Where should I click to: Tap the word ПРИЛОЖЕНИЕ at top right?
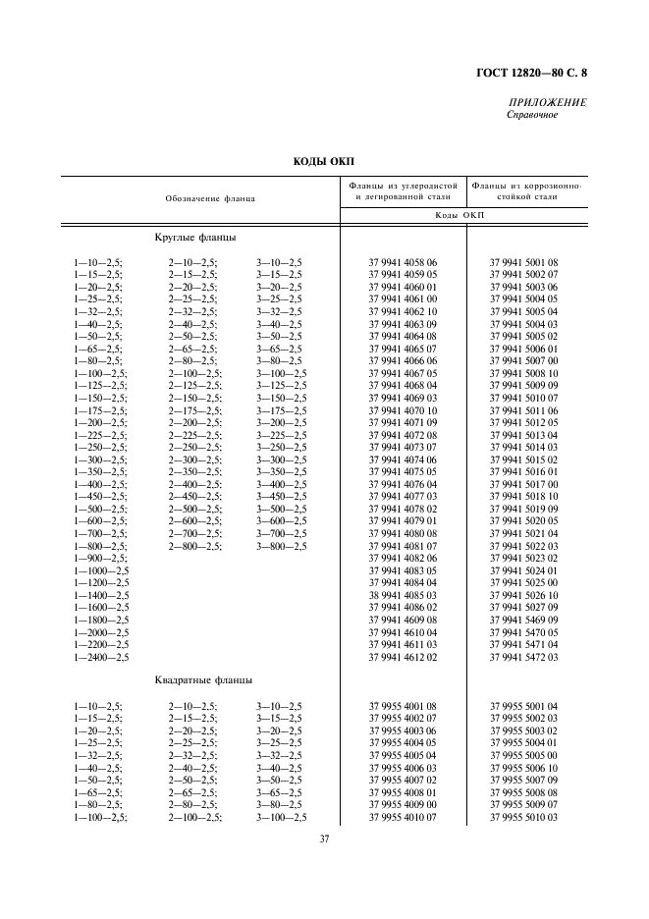tap(547, 103)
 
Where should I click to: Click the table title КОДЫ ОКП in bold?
tap(324, 160)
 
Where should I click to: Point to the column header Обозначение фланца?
tap(210, 198)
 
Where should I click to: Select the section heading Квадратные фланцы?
tap(203, 680)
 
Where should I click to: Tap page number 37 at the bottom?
tap(324, 839)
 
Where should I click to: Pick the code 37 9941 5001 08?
tap(523, 263)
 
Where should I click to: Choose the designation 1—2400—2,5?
tap(102, 658)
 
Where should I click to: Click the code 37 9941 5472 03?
tap(523, 658)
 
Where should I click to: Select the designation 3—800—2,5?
tap(281, 547)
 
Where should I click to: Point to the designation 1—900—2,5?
tap(99, 559)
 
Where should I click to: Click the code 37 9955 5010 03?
tap(523, 817)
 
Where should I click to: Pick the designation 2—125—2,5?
tap(194, 385)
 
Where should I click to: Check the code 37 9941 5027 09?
tap(523, 608)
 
